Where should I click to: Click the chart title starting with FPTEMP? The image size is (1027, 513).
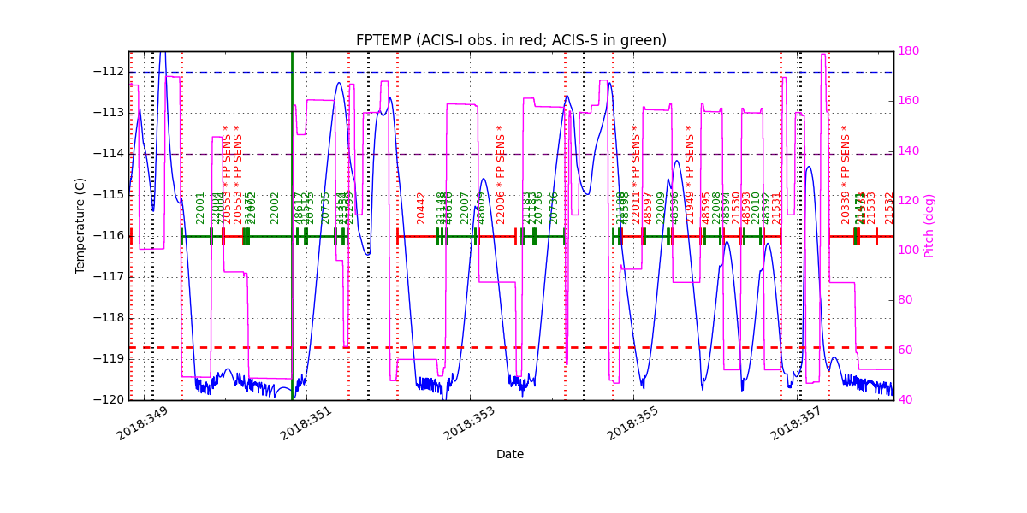[x=511, y=40]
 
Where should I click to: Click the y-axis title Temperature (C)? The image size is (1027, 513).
[x=80, y=226]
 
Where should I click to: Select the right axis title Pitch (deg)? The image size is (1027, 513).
[x=929, y=226]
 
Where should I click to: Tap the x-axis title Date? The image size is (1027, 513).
[x=510, y=454]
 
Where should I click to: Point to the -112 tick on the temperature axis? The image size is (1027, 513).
[x=110, y=71]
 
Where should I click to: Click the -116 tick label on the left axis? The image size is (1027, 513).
[x=110, y=235]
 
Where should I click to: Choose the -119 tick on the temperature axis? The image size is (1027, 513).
[x=110, y=358]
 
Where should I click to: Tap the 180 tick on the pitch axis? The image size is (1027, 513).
[x=909, y=51]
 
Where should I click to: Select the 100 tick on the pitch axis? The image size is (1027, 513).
[x=909, y=251]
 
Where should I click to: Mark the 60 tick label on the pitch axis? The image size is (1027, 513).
[x=905, y=351]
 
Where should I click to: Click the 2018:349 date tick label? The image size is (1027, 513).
[x=142, y=423]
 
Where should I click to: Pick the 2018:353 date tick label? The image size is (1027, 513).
[x=469, y=423]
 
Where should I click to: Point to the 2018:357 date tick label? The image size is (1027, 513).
[x=796, y=423]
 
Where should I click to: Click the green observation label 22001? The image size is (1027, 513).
[x=201, y=208]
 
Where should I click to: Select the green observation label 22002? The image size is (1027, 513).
[x=276, y=208]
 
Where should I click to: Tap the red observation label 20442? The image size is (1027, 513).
[x=421, y=208]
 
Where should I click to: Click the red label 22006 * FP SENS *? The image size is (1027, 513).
[x=502, y=175]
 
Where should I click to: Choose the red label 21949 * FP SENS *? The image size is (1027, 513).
[x=690, y=175]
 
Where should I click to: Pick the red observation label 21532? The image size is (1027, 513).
[x=889, y=208]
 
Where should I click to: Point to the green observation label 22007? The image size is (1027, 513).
[x=465, y=208]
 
